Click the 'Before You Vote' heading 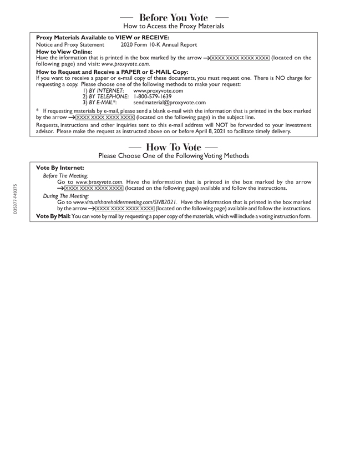pos(174,18)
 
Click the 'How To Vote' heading pos(174,147)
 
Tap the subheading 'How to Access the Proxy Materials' pos(174,27)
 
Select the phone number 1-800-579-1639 pos(153,97)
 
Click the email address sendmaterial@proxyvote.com pos(170,103)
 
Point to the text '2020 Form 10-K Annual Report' pos(159,45)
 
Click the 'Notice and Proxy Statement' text pos(70,45)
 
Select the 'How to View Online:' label pos(64,52)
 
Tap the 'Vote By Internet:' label pos(60,168)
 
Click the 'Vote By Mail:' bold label pos(53,216)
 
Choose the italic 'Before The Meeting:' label pos(65,175)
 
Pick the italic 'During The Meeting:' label pos(65,196)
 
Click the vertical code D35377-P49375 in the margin pos(15,199)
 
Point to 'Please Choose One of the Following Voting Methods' pos(174,156)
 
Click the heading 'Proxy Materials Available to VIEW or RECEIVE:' pos(103,38)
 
